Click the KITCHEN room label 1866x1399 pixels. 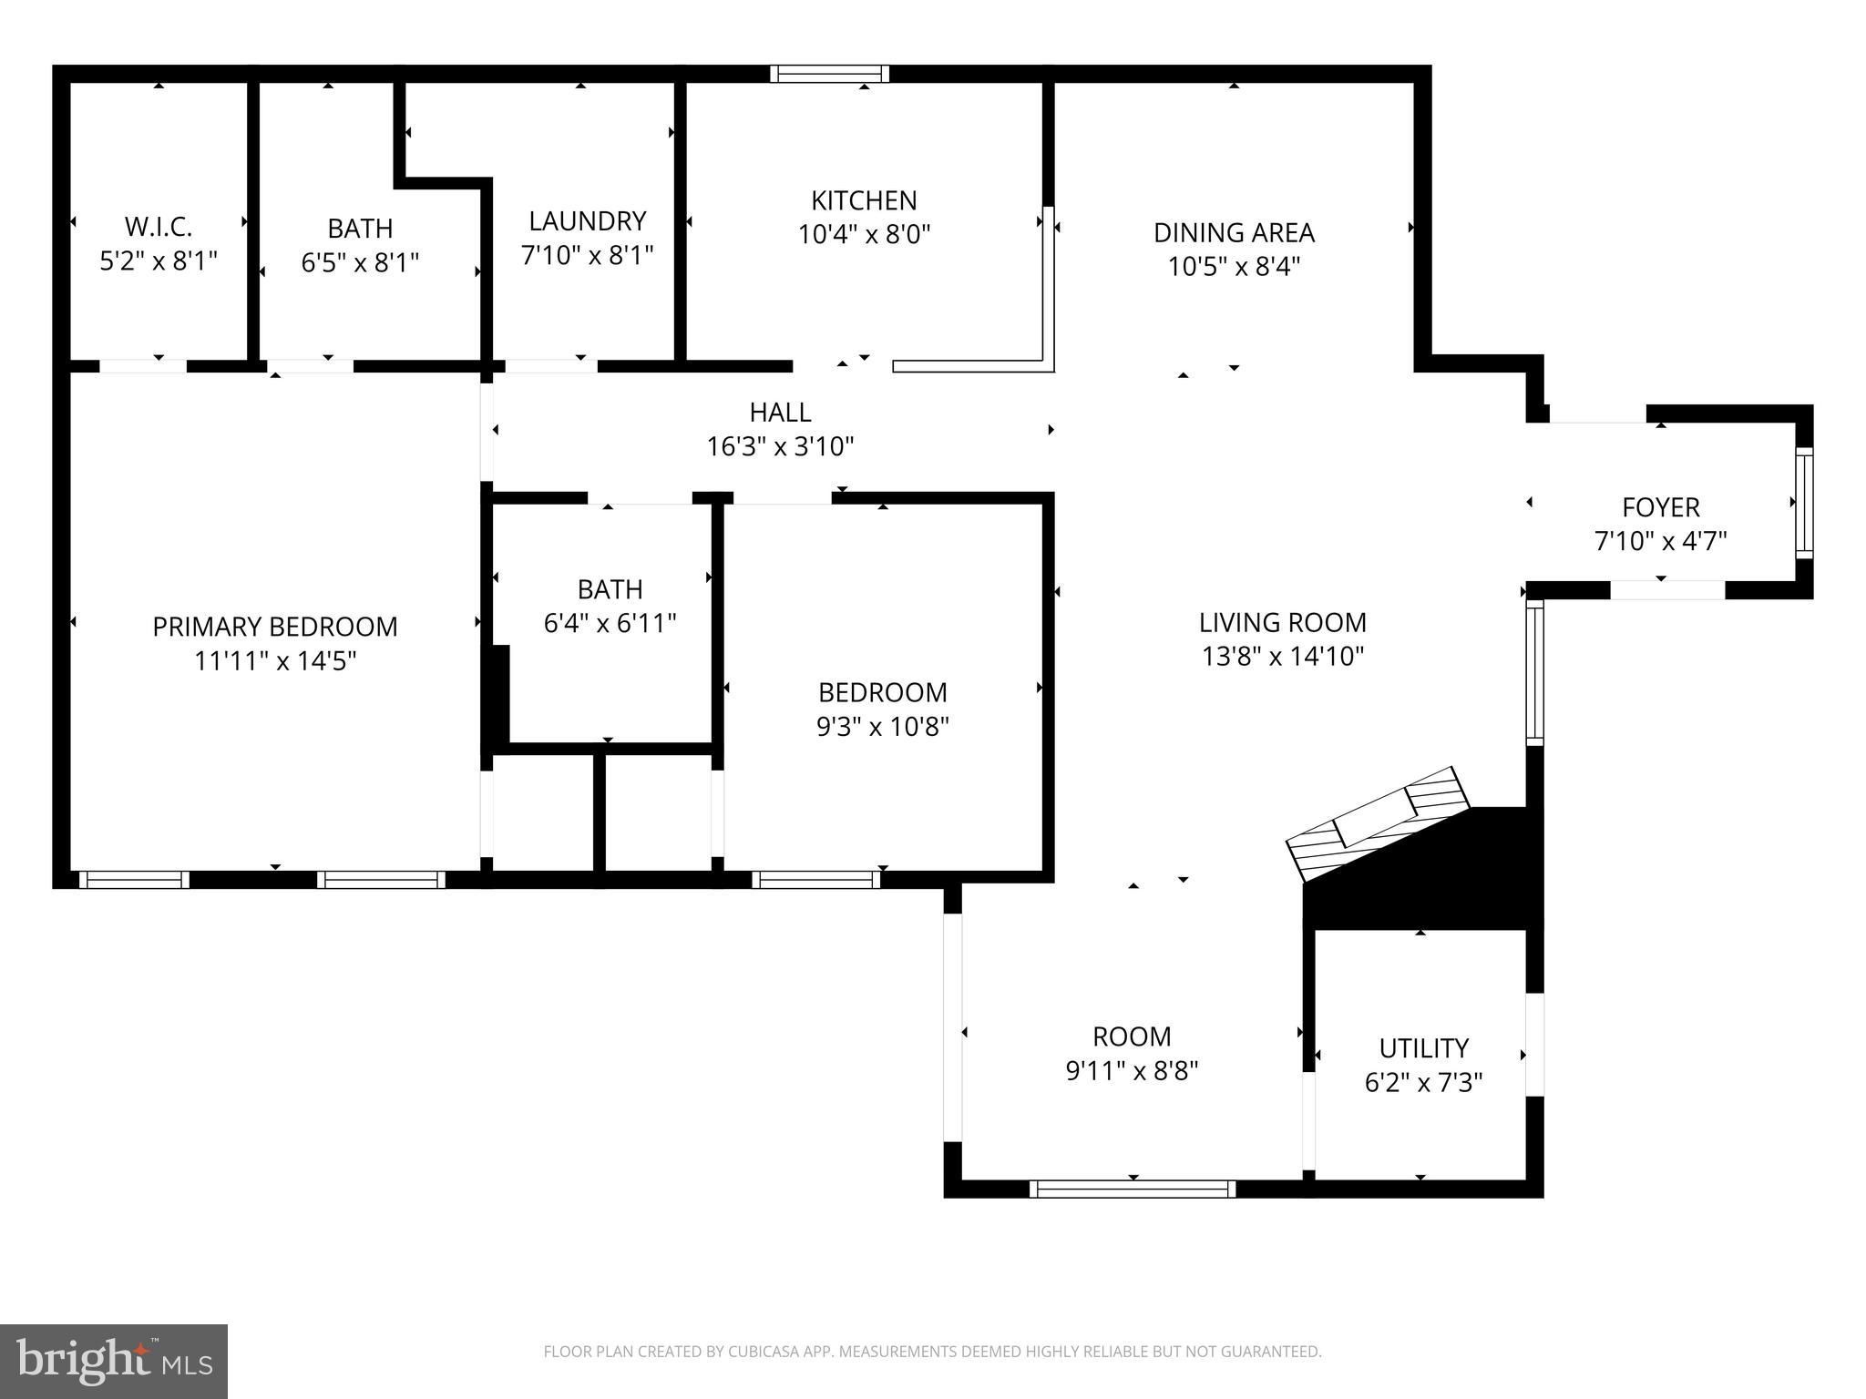point(864,200)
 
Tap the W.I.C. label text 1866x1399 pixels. point(159,227)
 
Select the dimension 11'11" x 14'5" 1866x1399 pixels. point(275,660)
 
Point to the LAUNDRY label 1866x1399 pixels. point(588,221)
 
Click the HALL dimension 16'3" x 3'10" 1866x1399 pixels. point(781,446)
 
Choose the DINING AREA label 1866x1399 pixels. point(1234,233)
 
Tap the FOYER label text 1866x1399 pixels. point(1661,507)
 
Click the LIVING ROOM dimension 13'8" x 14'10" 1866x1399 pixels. point(1283,657)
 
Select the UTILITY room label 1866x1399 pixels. point(1423,1048)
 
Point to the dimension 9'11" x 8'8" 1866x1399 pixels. point(1132,1070)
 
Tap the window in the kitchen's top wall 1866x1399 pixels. point(829,74)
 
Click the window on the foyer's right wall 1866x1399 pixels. point(1804,502)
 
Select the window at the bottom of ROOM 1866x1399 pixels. point(1133,1189)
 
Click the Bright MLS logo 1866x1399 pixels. point(114,1362)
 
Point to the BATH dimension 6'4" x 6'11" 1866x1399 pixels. point(610,623)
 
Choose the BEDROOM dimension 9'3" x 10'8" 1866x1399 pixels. point(883,727)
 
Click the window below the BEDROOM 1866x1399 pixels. point(816,880)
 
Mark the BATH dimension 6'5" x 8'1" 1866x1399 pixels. point(360,262)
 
